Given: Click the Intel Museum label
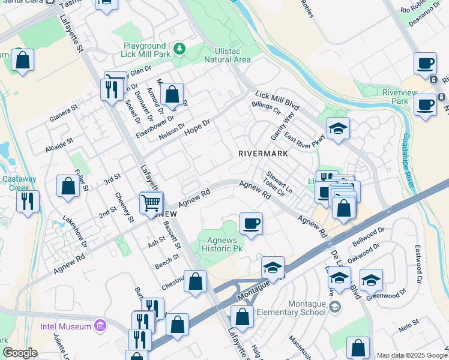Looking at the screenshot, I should point(65,326).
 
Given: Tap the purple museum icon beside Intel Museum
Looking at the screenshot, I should point(100,326).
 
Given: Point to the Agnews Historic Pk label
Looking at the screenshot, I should point(220,244).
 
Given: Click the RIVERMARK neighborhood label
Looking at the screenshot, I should point(263,154).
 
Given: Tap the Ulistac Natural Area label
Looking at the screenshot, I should point(227,55).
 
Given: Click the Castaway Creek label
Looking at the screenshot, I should point(19,183).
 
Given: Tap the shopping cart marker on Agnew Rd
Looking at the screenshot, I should point(151,202).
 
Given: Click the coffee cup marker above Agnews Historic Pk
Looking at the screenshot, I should point(250,224).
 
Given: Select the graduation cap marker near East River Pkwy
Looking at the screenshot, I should point(338,128).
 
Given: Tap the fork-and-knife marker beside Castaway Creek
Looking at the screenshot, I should point(28,202).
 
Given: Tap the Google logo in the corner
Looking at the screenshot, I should point(20,352).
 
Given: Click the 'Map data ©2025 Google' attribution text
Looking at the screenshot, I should point(411,355).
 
